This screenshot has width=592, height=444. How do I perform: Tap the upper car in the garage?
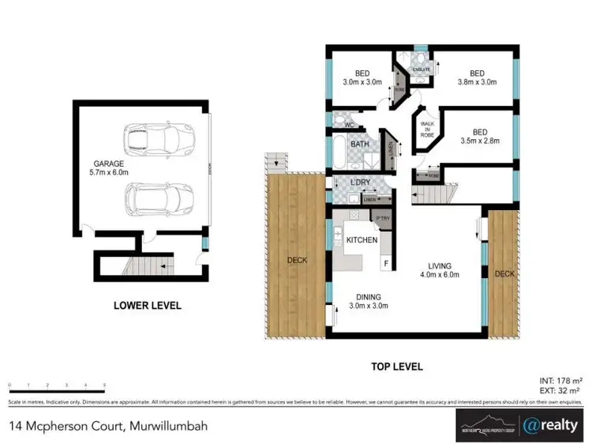coord(159,140)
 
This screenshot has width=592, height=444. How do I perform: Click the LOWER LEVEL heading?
coord(148,305)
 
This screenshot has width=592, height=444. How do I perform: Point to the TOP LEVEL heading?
coord(397,367)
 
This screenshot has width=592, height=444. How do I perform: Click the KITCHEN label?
coord(362,239)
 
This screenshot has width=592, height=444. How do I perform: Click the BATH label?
coord(360,145)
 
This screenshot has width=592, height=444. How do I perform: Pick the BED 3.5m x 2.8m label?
coord(481,137)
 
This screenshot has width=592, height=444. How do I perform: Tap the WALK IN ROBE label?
coord(428,130)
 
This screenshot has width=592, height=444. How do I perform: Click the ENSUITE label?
coord(422,70)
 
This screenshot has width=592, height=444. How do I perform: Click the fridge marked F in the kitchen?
coord(386,262)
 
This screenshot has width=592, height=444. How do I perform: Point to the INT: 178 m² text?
coord(556,378)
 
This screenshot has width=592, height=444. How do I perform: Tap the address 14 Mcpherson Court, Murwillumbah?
coord(108,426)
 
